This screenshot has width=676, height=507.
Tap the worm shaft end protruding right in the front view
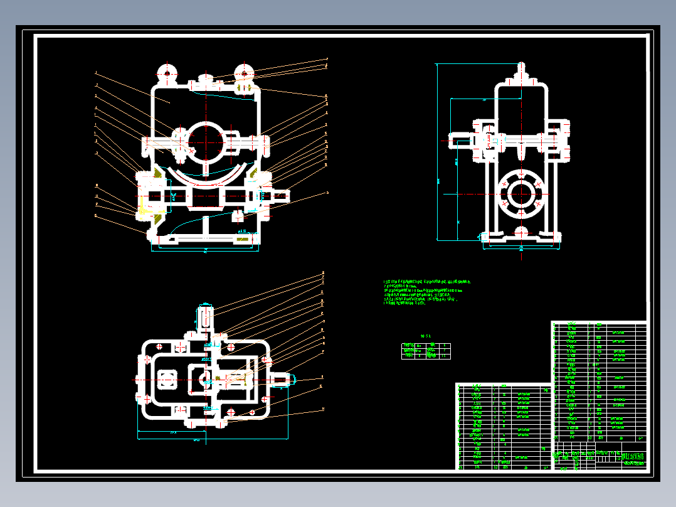pos(282,196)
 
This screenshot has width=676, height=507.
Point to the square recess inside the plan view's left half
pos(167,379)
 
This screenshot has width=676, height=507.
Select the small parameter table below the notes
pos(426,351)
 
